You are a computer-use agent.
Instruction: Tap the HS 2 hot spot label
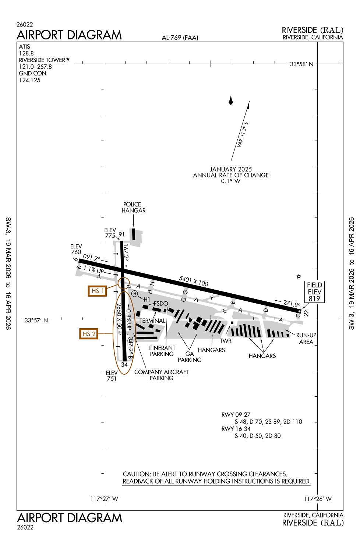(x=89, y=334)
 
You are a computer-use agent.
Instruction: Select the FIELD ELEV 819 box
(x=314, y=292)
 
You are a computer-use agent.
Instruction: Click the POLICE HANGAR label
(x=133, y=208)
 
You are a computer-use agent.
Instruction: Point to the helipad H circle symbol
(x=135, y=293)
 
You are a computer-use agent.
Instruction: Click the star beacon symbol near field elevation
(x=299, y=276)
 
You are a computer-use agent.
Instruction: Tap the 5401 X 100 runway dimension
(x=194, y=281)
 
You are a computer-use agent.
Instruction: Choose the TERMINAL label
(x=152, y=321)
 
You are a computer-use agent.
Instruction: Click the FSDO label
(x=161, y=304)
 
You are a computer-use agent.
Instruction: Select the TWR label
(x=226, y=341)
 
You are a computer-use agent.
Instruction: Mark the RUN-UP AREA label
(x=306, y=339)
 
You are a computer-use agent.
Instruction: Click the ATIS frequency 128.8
(x=27, y=53)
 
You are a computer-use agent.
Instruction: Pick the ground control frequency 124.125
(x=30, y=80)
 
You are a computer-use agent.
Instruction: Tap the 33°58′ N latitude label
(x=301, y=64)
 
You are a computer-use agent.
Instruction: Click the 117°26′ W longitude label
(x=317, y=499)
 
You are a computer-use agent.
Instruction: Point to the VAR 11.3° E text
(x=243, y=134)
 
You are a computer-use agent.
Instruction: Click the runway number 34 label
(x=124, y=365)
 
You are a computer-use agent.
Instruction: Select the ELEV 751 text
(x=112, y=376)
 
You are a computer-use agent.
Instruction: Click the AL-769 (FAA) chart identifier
(x=180, y=38)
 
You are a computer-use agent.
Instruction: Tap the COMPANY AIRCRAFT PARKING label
(x=161, y=375)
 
